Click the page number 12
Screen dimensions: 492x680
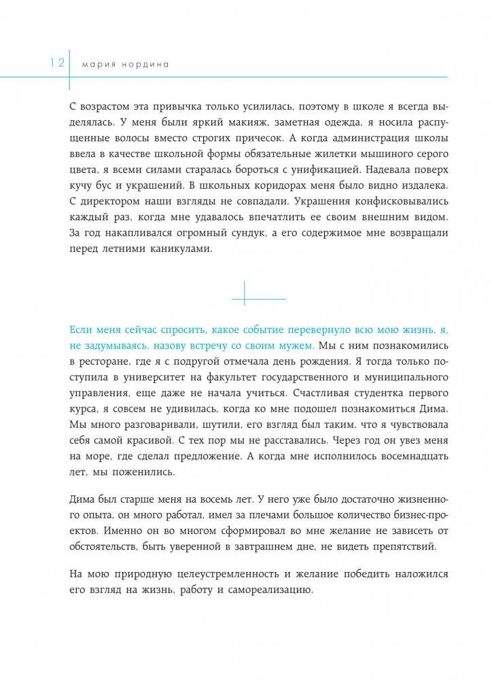pyautogui.click(x=56, y=63)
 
